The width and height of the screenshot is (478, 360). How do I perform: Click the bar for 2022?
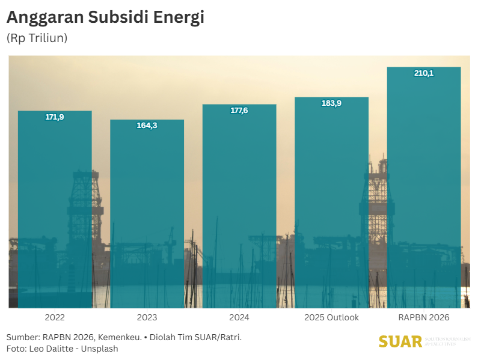[55, 210]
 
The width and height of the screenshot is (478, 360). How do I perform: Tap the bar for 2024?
[239, 207]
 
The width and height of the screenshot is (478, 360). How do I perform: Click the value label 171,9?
[55, 117]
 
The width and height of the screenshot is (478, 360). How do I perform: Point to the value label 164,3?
[147, 126]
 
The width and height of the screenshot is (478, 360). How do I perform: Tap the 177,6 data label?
[239, 111]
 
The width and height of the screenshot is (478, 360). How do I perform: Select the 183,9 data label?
[331, 103]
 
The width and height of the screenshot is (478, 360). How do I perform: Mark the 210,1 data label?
[424, 73]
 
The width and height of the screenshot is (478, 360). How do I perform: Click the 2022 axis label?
[55, 317]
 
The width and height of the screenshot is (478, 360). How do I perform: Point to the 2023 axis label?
[147, 317]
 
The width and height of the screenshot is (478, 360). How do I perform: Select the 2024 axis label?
[239, 317]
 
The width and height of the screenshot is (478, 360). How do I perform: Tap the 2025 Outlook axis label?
[331, 317]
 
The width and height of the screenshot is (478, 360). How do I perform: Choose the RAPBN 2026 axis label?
[424, 317]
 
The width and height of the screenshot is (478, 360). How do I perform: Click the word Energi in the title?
[180, 18]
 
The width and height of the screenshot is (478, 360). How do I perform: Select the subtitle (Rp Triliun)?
[37, 38]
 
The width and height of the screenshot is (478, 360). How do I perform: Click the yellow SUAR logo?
[400, 341]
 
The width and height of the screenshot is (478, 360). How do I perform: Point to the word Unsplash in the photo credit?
[100, 349]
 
